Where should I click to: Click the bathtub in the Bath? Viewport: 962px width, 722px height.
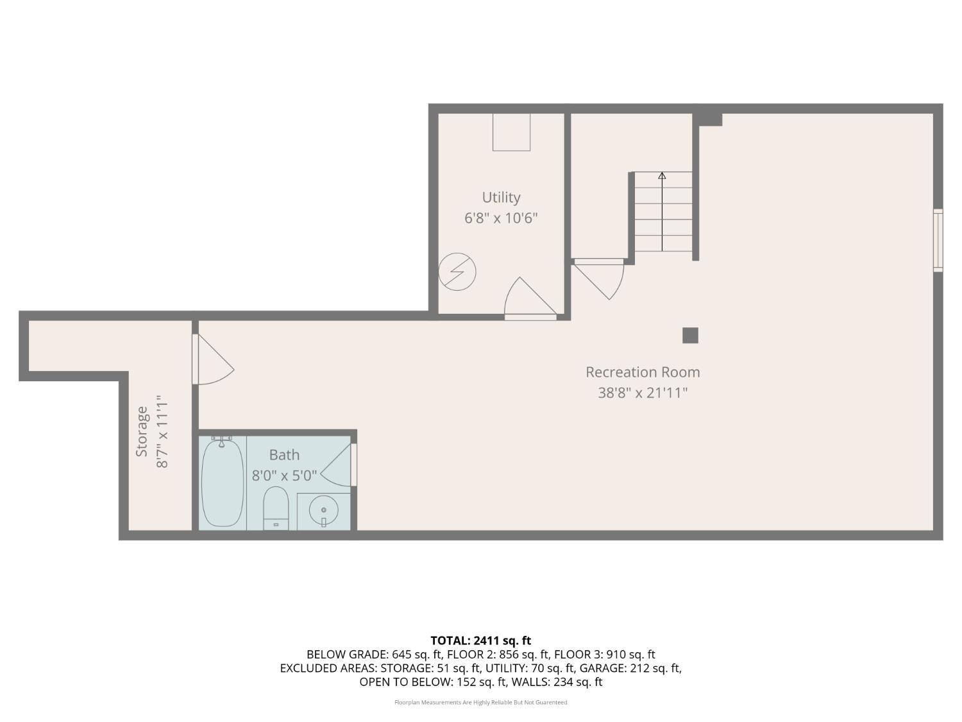pyautogui.click(x=222, y=483)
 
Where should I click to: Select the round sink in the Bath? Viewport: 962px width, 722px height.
pyautogui.click(x=323, y=511)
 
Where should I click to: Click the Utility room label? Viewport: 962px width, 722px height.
pyautogui.click(x=501, y=198)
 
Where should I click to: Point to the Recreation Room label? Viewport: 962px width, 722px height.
pyautogui.click(x=643, y=372)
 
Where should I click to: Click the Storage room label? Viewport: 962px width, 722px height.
pyautogui.click(x=142, y=431)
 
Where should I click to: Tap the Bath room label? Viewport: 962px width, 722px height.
pyautogui.click(x=284, y=455)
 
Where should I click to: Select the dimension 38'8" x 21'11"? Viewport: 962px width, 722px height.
pyautogui.click(x=643, y=393)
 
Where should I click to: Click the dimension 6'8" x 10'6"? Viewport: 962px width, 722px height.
pyautogui.click(x=501, y=218)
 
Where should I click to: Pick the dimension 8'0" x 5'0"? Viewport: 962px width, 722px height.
pyautogui.click(x=284, y=476)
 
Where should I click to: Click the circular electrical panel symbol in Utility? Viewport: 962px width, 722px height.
pyautogui.click(x=457, y=271)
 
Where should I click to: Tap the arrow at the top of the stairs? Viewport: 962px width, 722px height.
pyautogui.click(x=662, y=175)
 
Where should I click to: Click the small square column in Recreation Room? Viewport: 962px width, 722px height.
pyautogui.click(x=690, y=335)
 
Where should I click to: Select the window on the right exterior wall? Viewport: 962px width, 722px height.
pyautogui.click(x=938, y=240)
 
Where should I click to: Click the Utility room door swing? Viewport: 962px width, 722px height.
pyautogui.click(x=529, y=298)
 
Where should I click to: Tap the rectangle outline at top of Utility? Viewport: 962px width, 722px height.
pyautogui.click(x=511, y=132)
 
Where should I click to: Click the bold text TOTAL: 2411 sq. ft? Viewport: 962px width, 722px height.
pyautogui.click(x=480, y=640)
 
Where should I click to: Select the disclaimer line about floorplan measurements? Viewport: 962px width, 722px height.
pyautogui.click(x=480, y=702)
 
